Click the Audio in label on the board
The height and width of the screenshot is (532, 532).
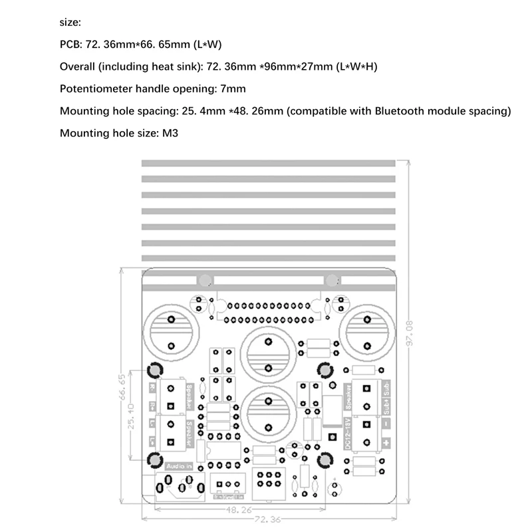(x=179, y=466)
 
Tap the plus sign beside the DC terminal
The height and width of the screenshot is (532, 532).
(x=385, y=442)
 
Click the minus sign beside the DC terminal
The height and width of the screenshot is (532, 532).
(x=385, y=423)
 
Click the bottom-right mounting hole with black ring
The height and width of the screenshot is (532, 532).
(x=326, y=460)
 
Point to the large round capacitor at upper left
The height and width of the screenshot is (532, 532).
(x=171, y=329)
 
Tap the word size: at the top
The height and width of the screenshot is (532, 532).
(x=70, y=23)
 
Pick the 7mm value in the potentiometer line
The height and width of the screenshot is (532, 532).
(x=233, y=88)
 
